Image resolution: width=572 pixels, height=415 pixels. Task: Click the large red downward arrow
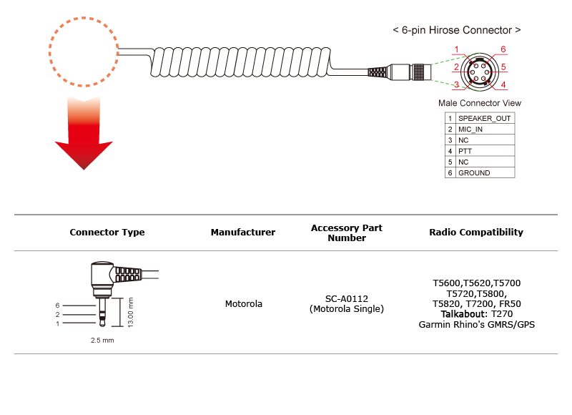coord(84,135)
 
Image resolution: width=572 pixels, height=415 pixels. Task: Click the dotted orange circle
coord(49,52)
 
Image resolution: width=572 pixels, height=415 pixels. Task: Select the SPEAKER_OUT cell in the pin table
coord(485,118)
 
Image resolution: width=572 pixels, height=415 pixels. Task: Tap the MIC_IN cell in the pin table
coord(485,130)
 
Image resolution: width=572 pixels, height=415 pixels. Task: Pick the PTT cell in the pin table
coord(485,151)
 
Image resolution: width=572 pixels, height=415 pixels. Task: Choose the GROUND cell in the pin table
coord(485,173)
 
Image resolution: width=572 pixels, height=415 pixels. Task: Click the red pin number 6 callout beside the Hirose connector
coord(503,49)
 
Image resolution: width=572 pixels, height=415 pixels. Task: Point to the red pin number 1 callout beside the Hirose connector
coord(456,49)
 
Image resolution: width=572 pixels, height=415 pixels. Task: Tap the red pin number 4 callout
coord(503,84)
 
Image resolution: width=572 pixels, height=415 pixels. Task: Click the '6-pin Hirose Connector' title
coord(457,30)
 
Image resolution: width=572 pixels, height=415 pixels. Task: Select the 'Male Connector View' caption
coord(480,103)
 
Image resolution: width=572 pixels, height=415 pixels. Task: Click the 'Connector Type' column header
coord(107,232)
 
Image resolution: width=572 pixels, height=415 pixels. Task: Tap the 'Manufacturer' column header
coord(243,232)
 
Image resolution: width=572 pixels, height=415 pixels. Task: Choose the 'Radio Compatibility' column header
coord(476,232)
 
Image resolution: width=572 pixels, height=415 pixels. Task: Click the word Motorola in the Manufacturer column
coord(243,303)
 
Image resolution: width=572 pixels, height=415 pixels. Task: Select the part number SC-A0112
coord(347,298)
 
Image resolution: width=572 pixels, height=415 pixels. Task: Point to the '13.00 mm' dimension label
coord(131,313)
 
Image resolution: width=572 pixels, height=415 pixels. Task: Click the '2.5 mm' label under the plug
coord(102,340)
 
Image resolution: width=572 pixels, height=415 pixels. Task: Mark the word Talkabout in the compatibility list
coord(463,314)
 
